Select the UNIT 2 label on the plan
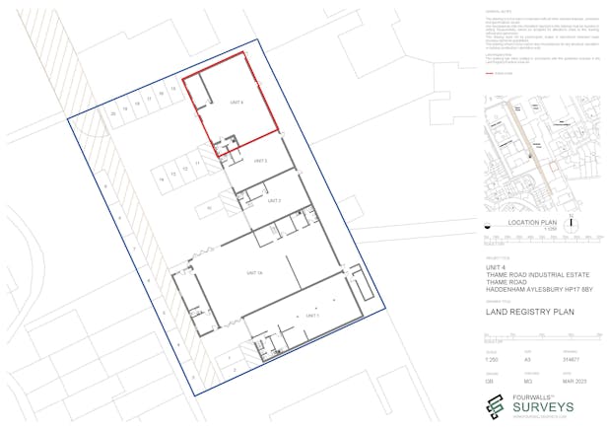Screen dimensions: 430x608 (275, 200)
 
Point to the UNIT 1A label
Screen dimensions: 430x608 (253, 271)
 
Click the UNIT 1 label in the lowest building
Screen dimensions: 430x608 (313, 315)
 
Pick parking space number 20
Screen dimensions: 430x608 (114, 114)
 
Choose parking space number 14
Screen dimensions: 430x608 (162, 178)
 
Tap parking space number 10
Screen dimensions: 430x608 (209, 209)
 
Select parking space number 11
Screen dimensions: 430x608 (197, 163)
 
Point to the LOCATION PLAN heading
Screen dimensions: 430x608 (532, 224)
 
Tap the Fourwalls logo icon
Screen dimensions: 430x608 (496, 405)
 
